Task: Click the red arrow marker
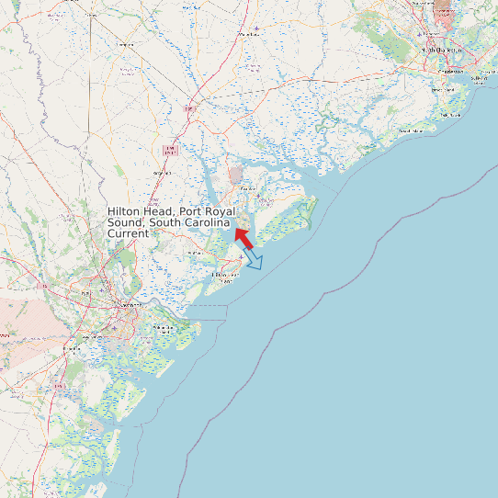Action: tap(243, 236)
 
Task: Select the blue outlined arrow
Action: tap(254, 259)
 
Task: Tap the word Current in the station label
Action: tap(129, 234)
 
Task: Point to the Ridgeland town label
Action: tap(162, 172)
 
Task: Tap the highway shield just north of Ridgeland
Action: tap(169, 149)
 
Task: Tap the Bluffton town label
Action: tap(194, 253)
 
